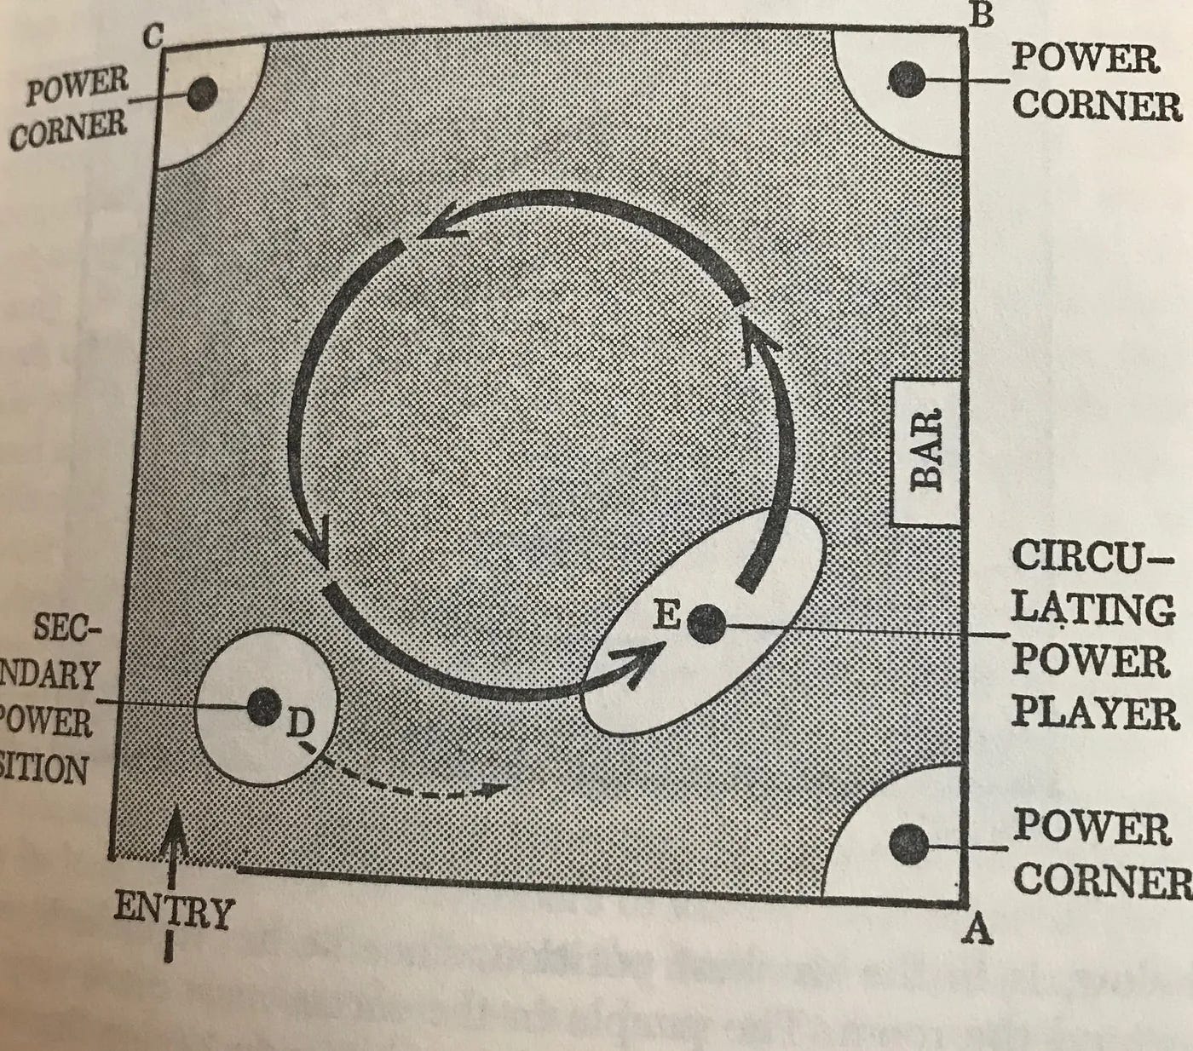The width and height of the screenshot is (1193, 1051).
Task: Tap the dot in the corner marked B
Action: click(906, 79)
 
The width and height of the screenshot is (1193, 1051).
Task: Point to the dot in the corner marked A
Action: click(908, 844)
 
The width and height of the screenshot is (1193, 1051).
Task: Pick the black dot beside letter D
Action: click(263, 705)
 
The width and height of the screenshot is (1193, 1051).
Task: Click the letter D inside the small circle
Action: click(298, 726)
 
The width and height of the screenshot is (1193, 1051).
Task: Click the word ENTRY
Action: click(174, 910)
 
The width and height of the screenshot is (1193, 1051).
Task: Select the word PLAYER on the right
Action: click(1095, 713)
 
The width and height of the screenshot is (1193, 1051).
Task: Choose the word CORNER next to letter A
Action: click(1101, 879)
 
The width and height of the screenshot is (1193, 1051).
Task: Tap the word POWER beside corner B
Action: click(1085, 60)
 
